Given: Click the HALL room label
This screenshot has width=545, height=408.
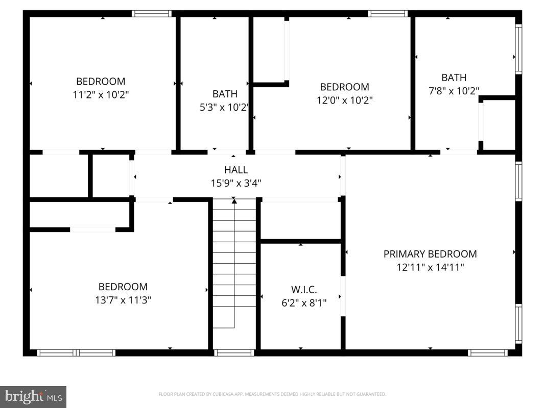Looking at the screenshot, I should pyautogui.click(x=235, y=170).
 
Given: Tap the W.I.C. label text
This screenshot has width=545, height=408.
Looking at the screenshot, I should pyautogui.click(x=303, y=290).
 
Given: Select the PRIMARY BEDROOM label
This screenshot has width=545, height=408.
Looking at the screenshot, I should pyautogui.click(x=430, y=254).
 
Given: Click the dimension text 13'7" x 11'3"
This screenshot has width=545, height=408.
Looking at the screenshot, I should pyautogui.click(x=123, y=300).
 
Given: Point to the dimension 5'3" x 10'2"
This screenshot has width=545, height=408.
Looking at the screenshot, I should pyautogui.click(x=225, y=107).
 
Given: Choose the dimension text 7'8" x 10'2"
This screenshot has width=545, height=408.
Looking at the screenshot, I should pyautogui.click(x=454, y=91).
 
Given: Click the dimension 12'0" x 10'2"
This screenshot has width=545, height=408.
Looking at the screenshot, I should pyautogui.click(x=344, y=100).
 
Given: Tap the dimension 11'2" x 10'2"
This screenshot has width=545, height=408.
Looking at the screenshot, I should pyautogui.click(x=101, y=94).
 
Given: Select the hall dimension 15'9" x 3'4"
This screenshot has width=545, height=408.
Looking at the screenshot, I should pyautogui.click(x=235, y=183).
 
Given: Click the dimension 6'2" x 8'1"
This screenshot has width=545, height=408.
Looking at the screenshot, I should pyautogui.click(x=303, y=303).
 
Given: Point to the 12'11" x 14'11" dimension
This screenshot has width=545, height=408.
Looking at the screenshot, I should pyautogui.click(x=430, y=267).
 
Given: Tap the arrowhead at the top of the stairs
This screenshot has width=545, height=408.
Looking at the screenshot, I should pyautogui.click(x=234, y=201).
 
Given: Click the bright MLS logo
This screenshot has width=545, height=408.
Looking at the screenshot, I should pyautogui.click(x=33, y=396).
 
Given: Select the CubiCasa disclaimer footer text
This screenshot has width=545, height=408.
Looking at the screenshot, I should pyautogui.click(x=272, y=394).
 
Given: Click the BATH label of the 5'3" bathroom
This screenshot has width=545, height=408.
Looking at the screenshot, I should pyautogui.click(x=225, y=94).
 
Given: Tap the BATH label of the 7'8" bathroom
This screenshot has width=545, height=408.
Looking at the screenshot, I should pyautogui.click(x=454, y=78).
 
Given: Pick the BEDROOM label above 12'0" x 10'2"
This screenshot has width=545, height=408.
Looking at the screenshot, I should pyautogui.click(x=344, y=87).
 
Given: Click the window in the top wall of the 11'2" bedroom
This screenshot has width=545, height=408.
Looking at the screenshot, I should pyautogui.click(x=151, y=14).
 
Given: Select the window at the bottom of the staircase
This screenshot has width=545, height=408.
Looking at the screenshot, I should pyautogui.click(x=234, y=352).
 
